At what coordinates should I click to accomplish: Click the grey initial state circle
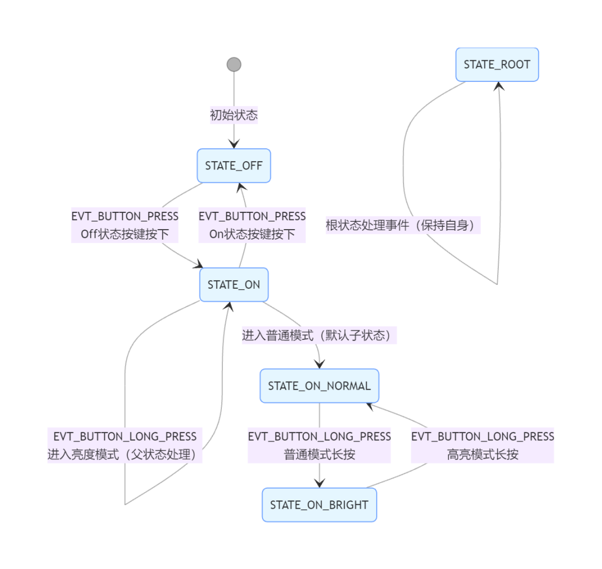(x=234, y=65)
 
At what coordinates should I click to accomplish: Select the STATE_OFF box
(x=234, y=166)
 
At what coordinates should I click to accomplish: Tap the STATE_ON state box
(x=234, y=284)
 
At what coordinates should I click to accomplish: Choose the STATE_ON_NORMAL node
(x=319, y=386)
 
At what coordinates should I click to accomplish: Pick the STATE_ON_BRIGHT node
(x=319, y=505)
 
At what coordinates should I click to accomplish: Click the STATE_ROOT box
(x=497, y=65)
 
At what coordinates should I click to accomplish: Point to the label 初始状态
(x=234, y=115)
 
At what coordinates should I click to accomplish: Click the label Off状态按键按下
(x=125, y=234)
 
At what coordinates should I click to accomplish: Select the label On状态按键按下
(x=253, y=234)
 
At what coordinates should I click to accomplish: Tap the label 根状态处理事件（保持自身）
(x=403, y=225)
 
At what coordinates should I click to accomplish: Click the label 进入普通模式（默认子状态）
(x=319, y=335)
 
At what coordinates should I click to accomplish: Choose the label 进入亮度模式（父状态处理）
(x=125, y=454)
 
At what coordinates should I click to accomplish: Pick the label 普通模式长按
(x=319, y=454)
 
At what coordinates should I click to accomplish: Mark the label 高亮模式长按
(x=483, y=454)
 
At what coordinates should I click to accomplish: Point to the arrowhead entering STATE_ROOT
(x=499, y=86)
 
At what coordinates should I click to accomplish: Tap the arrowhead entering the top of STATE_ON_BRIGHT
(x=319, y=483)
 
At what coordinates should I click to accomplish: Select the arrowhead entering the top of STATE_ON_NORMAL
(x=319, y=364)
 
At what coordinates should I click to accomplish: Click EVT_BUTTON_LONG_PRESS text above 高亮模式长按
(x=483, y=436)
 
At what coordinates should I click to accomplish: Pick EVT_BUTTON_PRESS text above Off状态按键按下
(x=125, y=216)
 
